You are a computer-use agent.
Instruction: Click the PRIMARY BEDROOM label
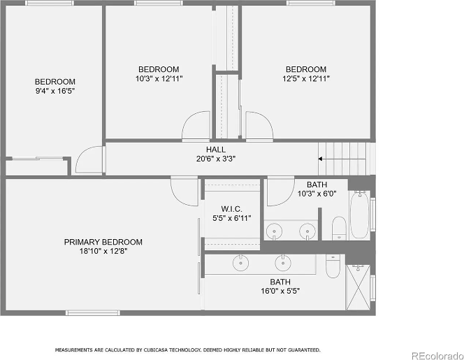103,242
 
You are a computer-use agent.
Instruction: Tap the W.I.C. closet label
231,208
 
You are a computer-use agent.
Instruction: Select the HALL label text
216,150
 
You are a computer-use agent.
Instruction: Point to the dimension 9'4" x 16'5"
55,91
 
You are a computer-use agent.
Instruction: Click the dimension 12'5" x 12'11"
306,78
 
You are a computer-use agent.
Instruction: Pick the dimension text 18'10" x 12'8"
103,251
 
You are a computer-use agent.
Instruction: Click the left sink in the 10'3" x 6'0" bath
274,230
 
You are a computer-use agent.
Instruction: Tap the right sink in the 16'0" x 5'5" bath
283,262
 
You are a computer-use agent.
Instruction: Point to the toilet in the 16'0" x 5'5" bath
333,266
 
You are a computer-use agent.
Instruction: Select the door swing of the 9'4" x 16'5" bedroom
89,160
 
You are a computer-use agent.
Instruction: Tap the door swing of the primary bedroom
185,190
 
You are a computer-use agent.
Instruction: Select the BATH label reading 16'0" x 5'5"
275,281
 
